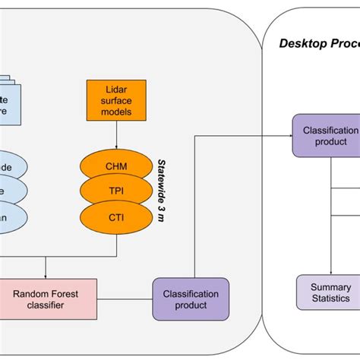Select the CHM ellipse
click(115, 166)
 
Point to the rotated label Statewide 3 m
click(162, 189)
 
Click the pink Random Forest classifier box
click(49, 298)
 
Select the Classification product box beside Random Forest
click(191, 298)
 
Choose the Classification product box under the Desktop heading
click(330, 135)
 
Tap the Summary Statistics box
click(330, 292)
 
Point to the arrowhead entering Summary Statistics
click(330, 273)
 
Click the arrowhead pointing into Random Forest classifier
click(47, 276)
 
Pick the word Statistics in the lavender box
click(330, 298)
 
